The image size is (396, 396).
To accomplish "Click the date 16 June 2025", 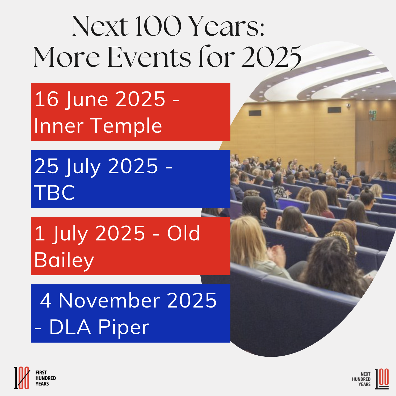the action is pos(100,99).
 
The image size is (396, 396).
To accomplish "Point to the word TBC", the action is pos(54,193).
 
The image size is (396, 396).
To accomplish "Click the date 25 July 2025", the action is pos(96,166).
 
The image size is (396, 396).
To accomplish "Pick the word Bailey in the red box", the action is pos(64,260).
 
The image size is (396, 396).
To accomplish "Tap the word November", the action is pos(109,301).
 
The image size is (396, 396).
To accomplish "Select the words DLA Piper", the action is pos(99,327).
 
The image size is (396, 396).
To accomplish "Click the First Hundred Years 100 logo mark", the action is pos(22,378).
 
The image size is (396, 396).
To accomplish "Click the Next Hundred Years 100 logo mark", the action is pos(382,379).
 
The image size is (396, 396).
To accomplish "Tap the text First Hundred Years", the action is pos(46,378).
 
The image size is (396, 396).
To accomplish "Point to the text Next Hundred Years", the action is pos(361,379).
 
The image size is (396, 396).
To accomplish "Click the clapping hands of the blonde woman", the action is pos(276,255).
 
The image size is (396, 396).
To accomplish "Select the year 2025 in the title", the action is pos(271,57).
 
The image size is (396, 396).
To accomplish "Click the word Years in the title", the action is pos(228,26).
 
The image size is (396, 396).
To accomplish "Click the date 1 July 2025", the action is pos(90,234).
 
